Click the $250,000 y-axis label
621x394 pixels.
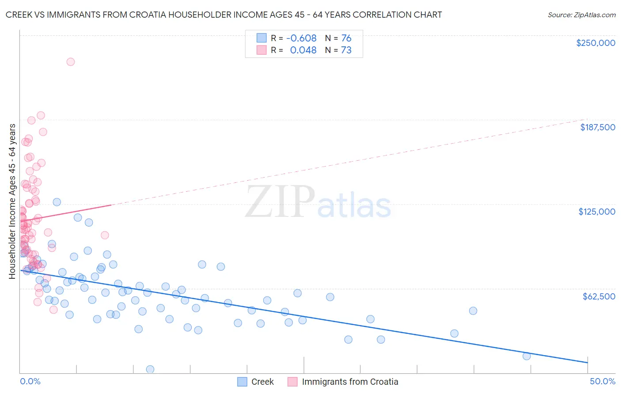pos(595,43)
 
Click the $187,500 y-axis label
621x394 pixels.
pos(597,127)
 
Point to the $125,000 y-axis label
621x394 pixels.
pos(597,212)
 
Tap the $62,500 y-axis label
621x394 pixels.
pos(598,296)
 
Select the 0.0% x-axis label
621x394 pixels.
pos(30,381)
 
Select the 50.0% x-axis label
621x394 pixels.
pos(602,381)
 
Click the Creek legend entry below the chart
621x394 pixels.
pos(262,382)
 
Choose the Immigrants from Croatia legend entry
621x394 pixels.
pos(350,382)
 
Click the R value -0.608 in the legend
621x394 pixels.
pos(301,38)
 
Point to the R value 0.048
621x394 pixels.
pos(303,50)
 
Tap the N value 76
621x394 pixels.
pos(346,38)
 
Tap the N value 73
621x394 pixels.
pos(346,50)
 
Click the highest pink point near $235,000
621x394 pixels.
pos(71,62)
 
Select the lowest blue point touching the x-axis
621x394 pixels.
pos(150,369)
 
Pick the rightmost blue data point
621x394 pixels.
pos(526,356)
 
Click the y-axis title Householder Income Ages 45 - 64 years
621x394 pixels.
pos(12,201)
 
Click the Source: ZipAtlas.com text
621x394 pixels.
pos(581,15)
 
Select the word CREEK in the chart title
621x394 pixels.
pos(18,15)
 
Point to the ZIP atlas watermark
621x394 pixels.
pos(318,202)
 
